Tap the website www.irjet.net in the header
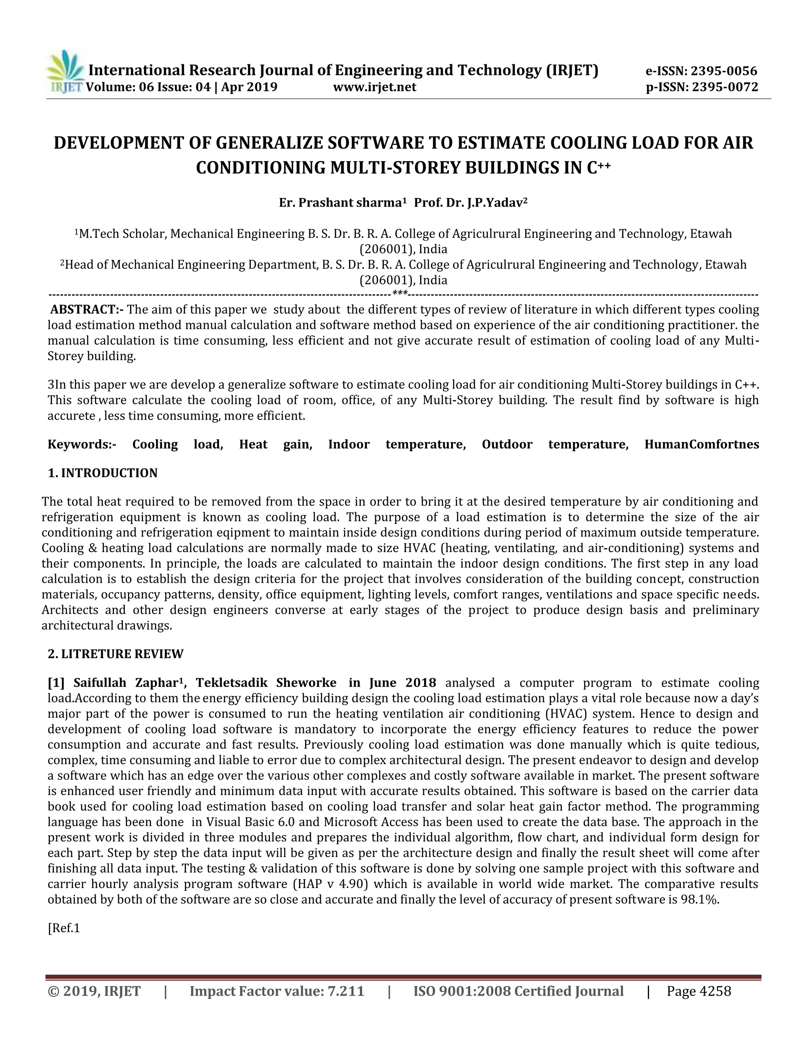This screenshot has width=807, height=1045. pos(374,87)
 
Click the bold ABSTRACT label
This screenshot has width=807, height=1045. pos(86,310)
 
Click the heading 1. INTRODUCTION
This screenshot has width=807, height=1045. pos(102,473)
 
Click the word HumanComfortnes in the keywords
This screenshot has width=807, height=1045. pos(701,444)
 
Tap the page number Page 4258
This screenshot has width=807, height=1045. pos(699,991)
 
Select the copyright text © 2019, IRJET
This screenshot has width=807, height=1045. pos(94,991)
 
